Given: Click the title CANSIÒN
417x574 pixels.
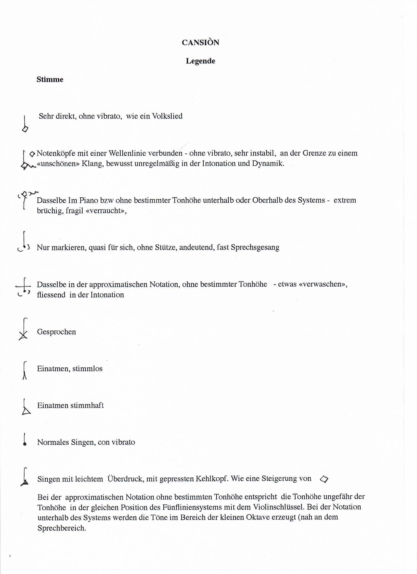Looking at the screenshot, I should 200,42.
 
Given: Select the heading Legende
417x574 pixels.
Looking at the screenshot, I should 200,61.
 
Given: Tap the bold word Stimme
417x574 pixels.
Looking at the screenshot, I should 50,80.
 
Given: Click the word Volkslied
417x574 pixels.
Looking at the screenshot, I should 167,116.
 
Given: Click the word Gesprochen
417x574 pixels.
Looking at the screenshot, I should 56,332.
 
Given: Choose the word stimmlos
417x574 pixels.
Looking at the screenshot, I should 88,369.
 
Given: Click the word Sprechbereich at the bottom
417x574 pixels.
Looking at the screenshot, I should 62,528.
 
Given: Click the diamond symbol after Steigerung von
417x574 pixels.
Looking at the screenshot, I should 324,479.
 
